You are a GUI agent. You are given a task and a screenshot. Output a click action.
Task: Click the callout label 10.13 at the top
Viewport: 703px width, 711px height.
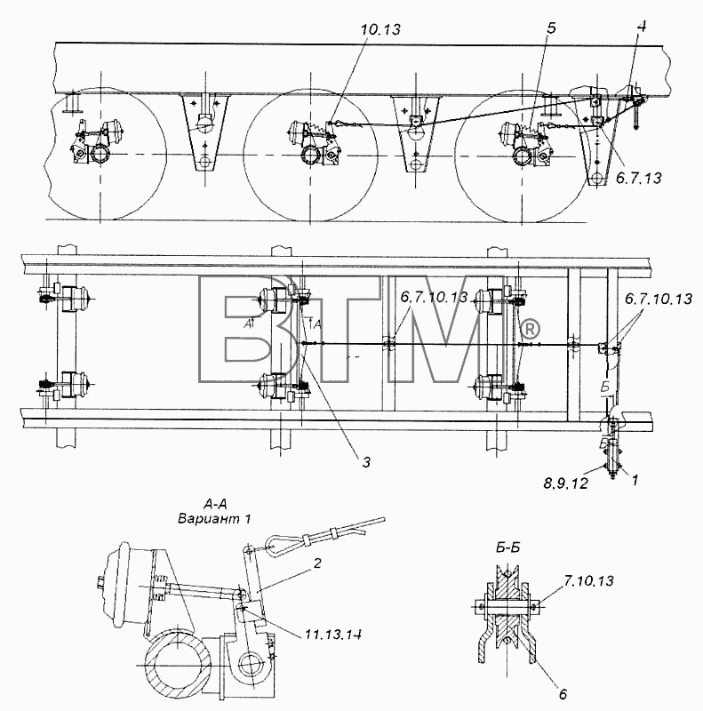coord(381,29)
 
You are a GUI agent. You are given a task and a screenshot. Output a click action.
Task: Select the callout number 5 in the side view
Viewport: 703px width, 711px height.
coord(551,28)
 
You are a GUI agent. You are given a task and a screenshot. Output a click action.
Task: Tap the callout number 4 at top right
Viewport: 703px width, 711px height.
coord(641,27)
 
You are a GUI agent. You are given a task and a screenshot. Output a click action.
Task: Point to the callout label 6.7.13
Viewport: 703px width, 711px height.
coord(639,179)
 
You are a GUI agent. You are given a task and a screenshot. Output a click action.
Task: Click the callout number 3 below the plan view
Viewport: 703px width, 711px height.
coord(366,462)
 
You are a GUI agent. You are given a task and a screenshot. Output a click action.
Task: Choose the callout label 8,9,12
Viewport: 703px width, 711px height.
coord(565,483)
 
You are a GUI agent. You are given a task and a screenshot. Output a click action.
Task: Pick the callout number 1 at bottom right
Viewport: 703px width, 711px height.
coord(635,480)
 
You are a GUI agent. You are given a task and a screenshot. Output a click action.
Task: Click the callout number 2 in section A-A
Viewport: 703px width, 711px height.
coord(317,563)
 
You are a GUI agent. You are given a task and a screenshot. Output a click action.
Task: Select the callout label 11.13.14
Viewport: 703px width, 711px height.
coord(333,635)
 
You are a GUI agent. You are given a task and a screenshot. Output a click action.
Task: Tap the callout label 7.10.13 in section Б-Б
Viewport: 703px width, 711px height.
coord(589,580)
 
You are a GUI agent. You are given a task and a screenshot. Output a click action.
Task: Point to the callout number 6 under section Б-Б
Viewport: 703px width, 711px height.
coord(563,694)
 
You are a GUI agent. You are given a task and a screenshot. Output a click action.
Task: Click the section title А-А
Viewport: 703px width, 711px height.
coord(214,504)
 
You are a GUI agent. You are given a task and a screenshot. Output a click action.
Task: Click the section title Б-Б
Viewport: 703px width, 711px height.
coord(508,547)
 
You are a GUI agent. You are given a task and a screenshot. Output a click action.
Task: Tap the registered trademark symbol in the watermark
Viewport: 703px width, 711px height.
coord(529,330)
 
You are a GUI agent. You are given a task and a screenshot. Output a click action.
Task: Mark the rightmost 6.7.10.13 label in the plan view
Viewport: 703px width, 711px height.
coord(659,299)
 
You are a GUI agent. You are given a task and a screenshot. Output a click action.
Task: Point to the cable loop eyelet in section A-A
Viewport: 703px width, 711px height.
coord(276,542)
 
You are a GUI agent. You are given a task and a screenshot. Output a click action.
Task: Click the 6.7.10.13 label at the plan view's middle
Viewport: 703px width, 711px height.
coord(434,297)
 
